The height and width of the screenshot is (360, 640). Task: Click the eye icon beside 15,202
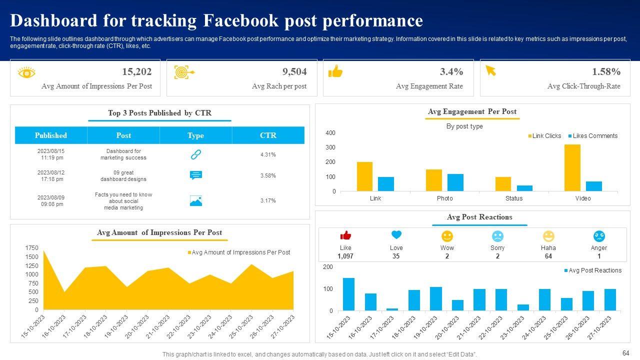click(x=26, y=73)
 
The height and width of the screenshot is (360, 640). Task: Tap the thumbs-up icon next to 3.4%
click(x=335, y=72)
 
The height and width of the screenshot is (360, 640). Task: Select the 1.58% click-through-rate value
click(x=606, y=72)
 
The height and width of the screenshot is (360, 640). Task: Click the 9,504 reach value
click(x=294, y=72)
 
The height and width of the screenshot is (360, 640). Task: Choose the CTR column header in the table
click(x=268, y=135)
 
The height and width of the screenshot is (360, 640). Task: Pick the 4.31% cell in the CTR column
click(x=268, y=154)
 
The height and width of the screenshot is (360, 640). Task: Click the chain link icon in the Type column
click(x=196, y=154)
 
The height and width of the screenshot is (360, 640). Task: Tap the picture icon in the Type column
click(x=196, y=201)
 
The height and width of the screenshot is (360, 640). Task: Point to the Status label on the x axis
click(x=513, y=198)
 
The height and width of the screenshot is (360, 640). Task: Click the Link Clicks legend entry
click(x=545, y=136)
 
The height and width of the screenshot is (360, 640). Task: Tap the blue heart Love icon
click(x=396, y=235)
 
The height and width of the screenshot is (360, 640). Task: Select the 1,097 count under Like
click(x=345, y=256)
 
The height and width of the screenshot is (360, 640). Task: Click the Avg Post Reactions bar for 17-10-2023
click(x=392, y=309)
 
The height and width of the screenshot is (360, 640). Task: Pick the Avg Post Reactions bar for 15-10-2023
click(x=348, y=294)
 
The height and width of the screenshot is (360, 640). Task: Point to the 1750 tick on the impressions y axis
click(x=31, y=248)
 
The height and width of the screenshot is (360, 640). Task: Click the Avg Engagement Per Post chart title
click(x=472, y=111)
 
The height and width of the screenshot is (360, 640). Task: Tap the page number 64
click(x=625, y=352)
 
